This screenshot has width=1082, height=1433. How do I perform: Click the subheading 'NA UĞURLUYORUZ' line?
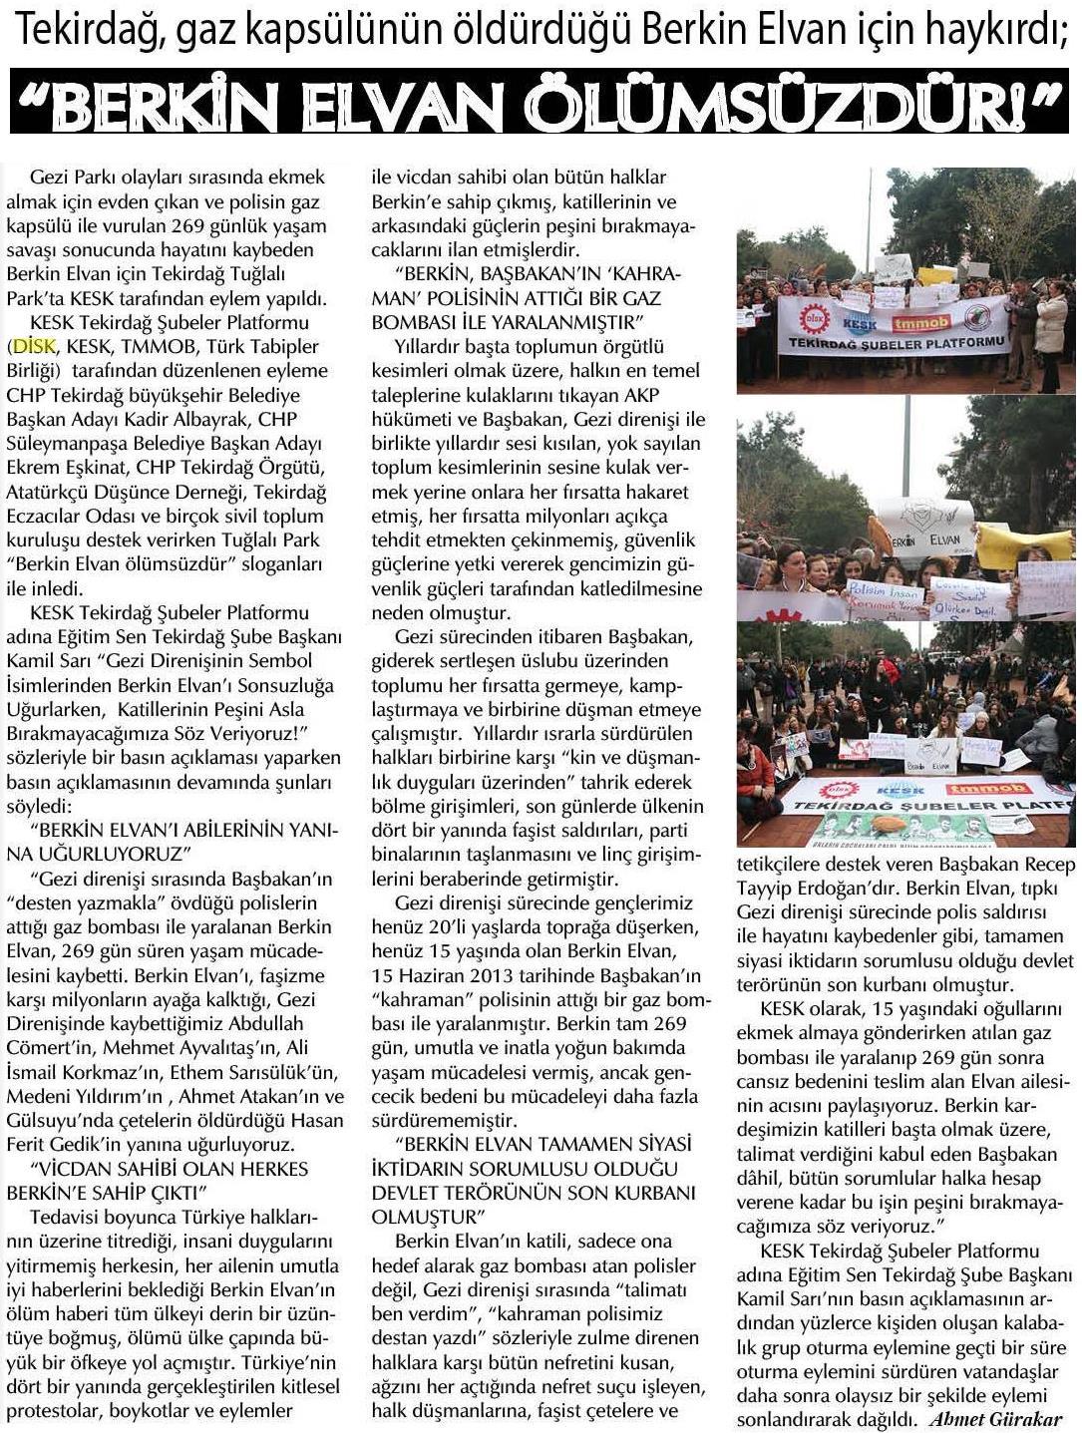(111, 854)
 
